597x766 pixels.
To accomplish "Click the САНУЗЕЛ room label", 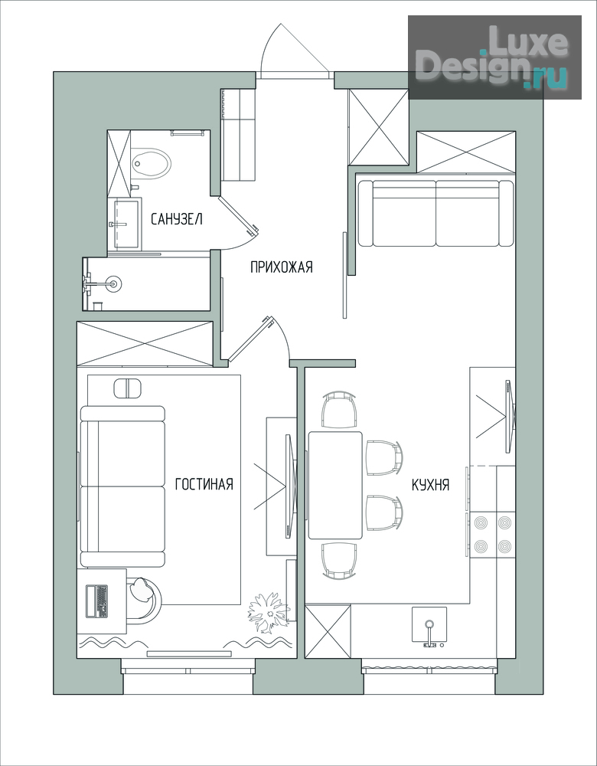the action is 176,219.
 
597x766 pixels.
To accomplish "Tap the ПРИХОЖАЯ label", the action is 281,267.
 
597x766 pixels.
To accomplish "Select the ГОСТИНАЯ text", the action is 204,483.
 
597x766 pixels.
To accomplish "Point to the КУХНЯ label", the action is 431,485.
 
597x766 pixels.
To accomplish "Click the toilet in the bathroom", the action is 151,163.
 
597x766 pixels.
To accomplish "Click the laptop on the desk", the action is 96,601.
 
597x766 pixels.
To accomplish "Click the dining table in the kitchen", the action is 335,485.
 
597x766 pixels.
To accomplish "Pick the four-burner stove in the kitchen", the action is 493,534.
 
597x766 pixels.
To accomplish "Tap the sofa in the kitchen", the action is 436,213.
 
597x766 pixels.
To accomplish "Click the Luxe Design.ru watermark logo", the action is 494,57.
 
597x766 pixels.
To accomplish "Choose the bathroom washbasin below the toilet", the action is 126,224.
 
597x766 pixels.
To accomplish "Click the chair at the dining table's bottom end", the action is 339,561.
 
